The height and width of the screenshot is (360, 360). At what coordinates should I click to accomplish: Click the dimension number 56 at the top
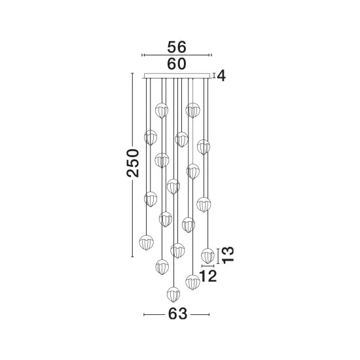coord(177,47)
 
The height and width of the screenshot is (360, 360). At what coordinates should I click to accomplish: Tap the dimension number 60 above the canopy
coord(177,64)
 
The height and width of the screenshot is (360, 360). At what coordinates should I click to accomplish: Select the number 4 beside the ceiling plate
coord(221,76)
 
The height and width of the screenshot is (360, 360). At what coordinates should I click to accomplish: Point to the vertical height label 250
coord(133,163)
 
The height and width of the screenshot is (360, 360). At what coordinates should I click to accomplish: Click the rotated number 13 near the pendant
coord(228,255)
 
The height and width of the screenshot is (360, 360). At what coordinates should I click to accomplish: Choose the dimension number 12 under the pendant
coord(208,276)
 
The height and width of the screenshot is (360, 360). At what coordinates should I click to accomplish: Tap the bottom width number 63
coord(177,314)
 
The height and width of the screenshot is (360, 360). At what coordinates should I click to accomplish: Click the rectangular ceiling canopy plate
coord(177,76)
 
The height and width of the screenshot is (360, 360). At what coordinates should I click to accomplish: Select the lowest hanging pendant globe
coord(173,294)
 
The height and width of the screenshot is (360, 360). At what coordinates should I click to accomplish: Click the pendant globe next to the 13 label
coord(207,256)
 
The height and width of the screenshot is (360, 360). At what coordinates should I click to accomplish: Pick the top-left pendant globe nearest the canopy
coord(162,111)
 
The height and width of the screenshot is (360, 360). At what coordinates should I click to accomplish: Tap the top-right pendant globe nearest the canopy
coord(192,111)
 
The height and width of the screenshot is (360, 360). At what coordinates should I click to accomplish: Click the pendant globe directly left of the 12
coord(192,282)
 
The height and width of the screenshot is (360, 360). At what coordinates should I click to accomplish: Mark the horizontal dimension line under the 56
coord(177,55)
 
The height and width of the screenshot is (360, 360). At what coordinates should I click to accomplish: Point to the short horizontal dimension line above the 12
coord(207,266)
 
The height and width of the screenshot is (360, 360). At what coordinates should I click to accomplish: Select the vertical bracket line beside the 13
coord(218,256)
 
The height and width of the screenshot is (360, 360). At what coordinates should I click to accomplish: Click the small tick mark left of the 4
coord(214,75)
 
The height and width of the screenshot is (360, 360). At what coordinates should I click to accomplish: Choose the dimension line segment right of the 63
coord(200,314)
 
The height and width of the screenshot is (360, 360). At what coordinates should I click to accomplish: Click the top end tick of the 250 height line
coord(132,73)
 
